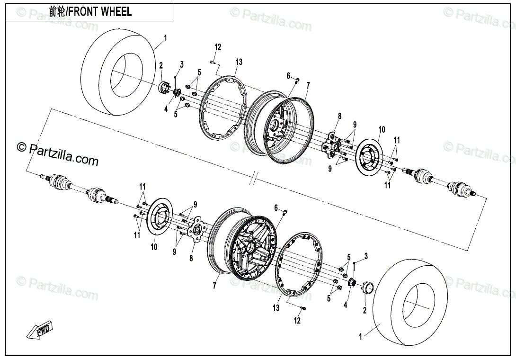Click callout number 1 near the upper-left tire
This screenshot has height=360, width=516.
pyautogui.click(x=166, y=38)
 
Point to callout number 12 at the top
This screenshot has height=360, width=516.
pyautogui.click(x=217, y=47)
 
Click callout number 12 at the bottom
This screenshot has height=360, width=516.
pyautogui.click(x=297, y=321)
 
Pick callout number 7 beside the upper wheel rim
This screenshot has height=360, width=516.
pyautogui.click(x=308, y=86)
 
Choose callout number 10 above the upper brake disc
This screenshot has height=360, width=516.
pyautogui.click(x=382, y=130)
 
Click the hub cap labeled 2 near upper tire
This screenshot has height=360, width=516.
pyautogui.click(x=163, y=88)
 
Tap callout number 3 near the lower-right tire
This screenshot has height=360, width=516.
pyautogui.click(x=366, y=256)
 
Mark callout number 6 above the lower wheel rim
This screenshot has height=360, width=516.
pyautogui.click(x=276, y=208)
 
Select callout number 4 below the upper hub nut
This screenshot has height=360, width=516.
pyautogui.click(x=166, y=109)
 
